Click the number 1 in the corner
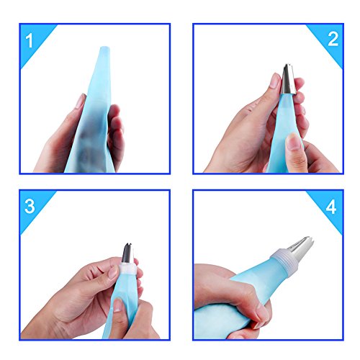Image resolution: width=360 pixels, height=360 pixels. (30, 40)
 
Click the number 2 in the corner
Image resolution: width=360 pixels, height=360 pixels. (333, 39)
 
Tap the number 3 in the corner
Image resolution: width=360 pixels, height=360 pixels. (30, 206)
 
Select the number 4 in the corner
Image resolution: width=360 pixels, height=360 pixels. (331, 207)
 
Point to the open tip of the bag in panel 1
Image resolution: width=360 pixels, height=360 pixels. (105, 48)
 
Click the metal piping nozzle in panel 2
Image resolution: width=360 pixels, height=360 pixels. (288, 79)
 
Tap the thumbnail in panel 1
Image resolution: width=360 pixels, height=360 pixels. (81, 102)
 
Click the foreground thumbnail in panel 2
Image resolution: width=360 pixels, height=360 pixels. (294, 142)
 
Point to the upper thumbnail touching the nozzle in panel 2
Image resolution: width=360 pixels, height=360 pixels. (275, 81)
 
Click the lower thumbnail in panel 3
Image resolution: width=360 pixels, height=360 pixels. (117, 305)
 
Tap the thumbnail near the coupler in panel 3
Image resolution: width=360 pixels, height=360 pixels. (112, 272)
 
